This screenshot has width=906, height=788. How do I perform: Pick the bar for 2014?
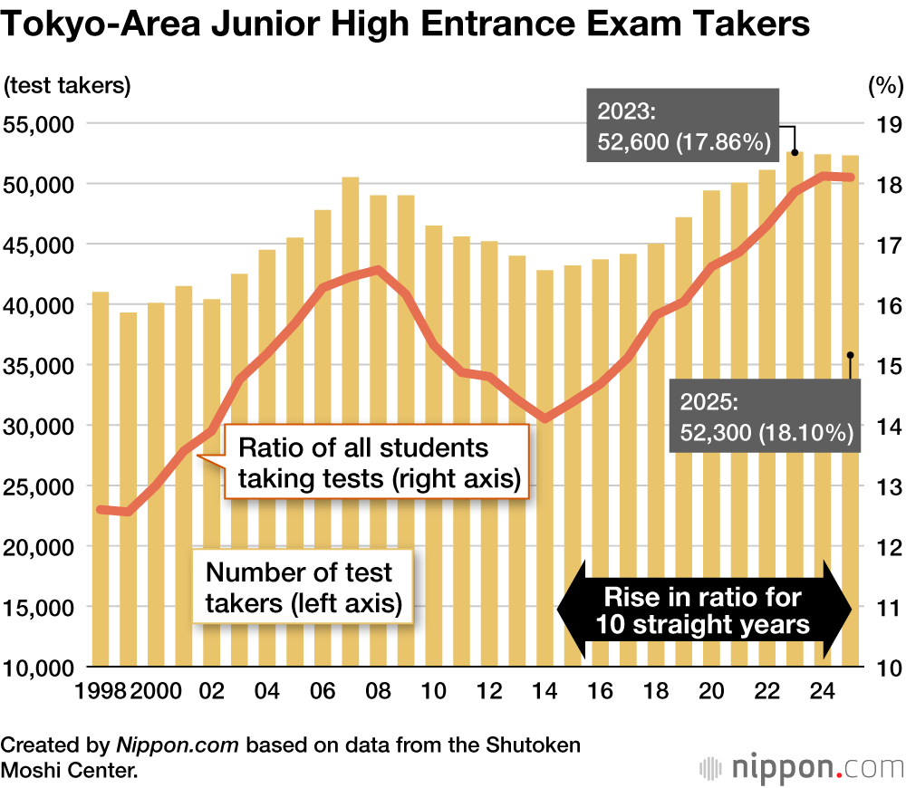pos(545,543)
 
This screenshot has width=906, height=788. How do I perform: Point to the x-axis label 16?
pos(601,690)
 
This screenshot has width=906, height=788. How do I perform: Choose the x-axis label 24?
pos(823,690)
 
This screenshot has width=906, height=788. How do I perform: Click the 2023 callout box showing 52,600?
pos(683,126)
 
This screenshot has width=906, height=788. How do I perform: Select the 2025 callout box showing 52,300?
pos(763,417)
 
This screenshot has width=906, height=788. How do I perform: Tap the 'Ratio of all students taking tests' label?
pos(375,463)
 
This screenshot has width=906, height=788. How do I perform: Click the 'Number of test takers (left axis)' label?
pos(303,587)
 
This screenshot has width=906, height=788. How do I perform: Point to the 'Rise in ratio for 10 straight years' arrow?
pos(703,610)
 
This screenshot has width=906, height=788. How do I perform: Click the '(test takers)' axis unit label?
pos(68,86)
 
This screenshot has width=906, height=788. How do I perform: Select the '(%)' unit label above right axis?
pos(884,86)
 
